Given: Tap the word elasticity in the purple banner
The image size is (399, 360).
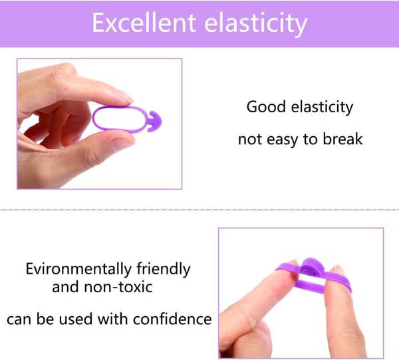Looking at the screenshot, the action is coord(256,25).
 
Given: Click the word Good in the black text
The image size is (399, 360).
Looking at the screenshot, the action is coord(267,107).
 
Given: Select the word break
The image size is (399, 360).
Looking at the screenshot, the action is coord(342,139).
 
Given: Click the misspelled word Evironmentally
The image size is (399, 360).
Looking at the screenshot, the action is coord(78,269).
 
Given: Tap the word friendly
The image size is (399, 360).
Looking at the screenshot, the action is coord(164,269).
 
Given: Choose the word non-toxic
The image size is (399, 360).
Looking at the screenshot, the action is coord(118,287).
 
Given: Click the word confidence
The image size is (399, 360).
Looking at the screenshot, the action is coord(172,319).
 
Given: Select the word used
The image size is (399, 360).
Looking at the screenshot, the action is coord(76,319).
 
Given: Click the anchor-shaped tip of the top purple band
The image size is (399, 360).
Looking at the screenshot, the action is coord(154,122).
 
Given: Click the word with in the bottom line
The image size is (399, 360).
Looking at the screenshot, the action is coord(112,319).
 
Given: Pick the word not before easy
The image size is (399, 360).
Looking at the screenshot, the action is coord(250,139).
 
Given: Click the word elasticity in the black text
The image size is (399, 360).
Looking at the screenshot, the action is coord(322,107).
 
